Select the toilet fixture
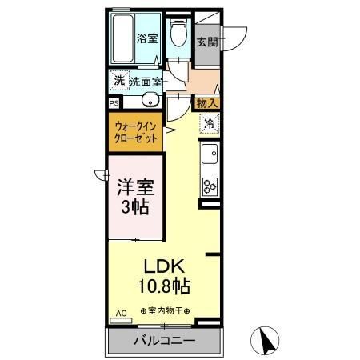(x=181, y=33)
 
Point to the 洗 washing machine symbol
(x=118, y=80)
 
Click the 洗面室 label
(x=146, y=81)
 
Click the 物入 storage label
(x=206, y=102)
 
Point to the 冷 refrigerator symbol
(x=208, y=124)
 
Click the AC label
(x=122, y=313)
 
